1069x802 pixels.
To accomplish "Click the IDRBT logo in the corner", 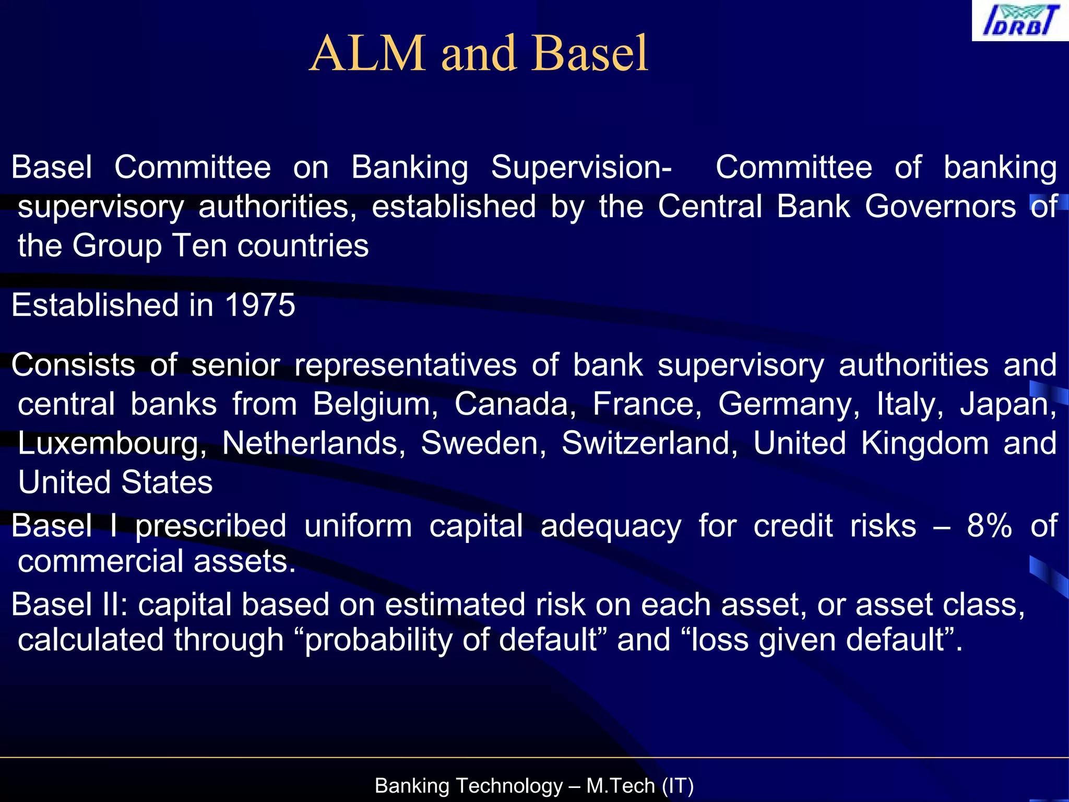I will [1020, 21].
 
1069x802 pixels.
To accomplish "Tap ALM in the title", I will [367, 53].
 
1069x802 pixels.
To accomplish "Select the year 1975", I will [260, 305].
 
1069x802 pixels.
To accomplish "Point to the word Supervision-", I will [581, 168].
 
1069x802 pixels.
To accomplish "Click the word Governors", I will [940, 207].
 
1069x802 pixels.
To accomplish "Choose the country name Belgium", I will [375, 404].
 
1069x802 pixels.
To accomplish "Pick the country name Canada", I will [515, 404].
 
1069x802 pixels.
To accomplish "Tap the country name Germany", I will [789, 404].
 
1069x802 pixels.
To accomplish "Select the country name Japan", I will [1008, 404].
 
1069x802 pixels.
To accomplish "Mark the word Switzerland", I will [649, 443].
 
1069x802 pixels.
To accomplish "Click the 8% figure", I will [989, 526].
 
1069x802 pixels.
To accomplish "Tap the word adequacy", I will [611, 526].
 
